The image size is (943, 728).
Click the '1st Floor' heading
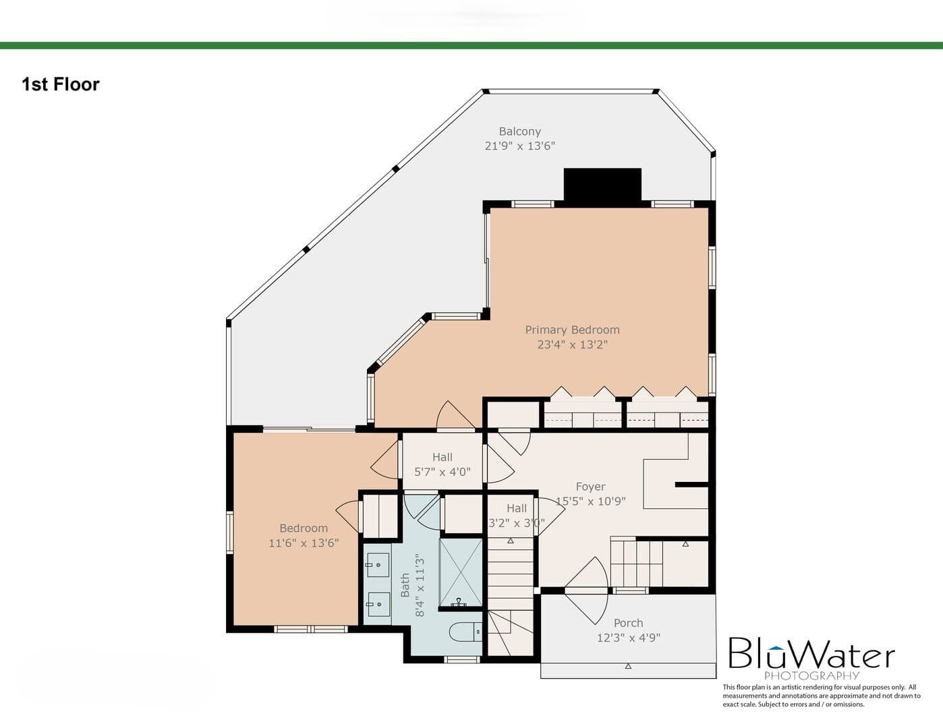point(60,84)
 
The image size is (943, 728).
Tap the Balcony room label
point(519,131)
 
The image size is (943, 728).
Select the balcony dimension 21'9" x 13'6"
point(519,146)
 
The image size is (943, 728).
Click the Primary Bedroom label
point(572,330)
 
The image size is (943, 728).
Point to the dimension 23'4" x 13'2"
point(572,344)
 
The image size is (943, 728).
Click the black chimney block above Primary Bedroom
point(602,184)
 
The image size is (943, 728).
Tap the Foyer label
point(590,487)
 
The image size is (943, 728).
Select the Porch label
point(628,623)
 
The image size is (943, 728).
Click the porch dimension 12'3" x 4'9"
point(628,638)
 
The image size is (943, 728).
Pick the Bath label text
point(405,585)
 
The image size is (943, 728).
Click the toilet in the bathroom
point(465,632)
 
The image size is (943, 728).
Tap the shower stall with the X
point(461,573)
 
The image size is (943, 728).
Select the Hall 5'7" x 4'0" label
point(442,464)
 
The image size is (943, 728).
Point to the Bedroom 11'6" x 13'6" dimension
point(304,543)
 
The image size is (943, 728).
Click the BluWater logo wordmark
point(811,653)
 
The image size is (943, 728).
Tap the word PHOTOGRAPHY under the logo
point(811,675)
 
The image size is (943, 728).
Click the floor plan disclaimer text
point(821,696)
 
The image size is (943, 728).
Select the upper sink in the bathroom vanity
point(378,565)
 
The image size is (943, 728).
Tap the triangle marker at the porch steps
point(628,666)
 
